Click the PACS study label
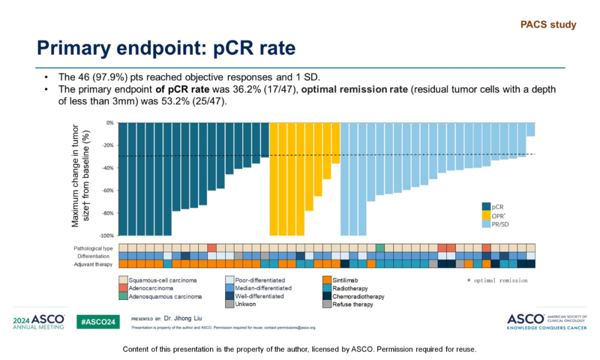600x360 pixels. point(548,25)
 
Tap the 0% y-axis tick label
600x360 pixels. point(109,123)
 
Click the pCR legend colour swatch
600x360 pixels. point(486,206)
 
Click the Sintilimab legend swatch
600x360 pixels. point(327,281)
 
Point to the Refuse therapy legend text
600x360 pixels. point(353,304)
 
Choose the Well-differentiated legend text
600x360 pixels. point(260,297)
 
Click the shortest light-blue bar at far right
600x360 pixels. point(531,129)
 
